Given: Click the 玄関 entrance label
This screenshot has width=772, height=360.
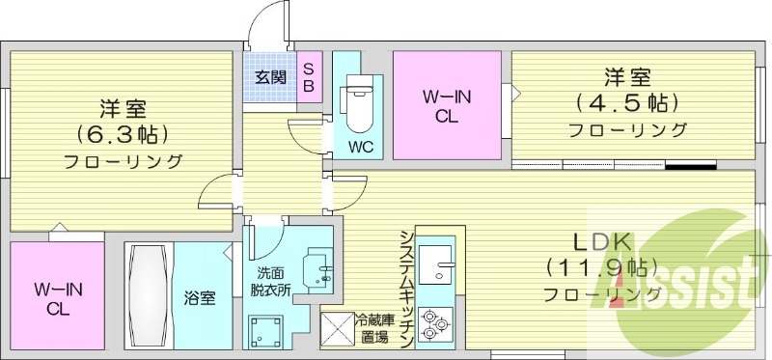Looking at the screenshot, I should [x=270, y=77].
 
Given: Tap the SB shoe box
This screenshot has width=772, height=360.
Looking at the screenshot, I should [x=309, y=77].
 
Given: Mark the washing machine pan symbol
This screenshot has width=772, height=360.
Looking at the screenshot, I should [x=264, y=331].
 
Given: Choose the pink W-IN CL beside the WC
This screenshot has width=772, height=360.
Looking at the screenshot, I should [x=446, y=106].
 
